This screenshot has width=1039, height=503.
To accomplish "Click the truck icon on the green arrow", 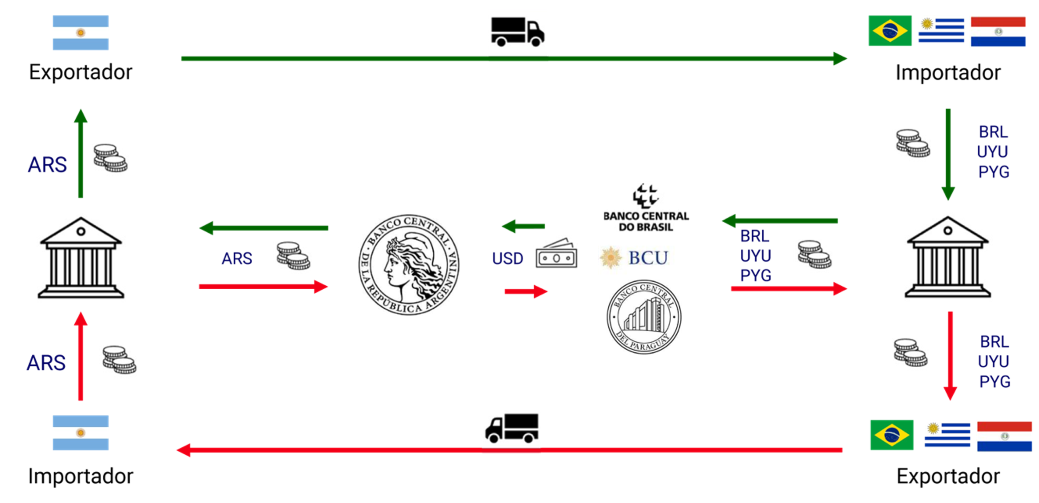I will (x=517, y=32).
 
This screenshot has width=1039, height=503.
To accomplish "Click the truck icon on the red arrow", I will (x=511, y=429).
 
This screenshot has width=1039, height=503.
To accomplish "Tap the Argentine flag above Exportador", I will (x=81, y=32).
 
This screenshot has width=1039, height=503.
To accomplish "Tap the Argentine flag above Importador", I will (x=81, y=433).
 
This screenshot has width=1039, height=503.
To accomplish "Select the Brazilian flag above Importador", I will (x=890, y=30).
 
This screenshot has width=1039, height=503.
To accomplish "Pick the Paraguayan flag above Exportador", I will (x=1004, y=436).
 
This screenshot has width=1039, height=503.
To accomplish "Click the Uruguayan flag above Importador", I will (x=941, y=30).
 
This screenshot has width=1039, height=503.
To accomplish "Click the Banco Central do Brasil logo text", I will (x=646, y=221).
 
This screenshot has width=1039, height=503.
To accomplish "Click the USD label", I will (x=507, y=258).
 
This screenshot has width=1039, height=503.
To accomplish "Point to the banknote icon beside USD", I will (x=556, y=254).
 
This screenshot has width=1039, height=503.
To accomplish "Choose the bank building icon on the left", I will (x=81, y=258).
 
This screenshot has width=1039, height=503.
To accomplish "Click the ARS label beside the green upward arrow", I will (x=47, y=165).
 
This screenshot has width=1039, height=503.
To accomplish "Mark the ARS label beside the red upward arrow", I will (x=46, y=363).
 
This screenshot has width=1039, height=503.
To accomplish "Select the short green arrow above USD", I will (x=523, y=226).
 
